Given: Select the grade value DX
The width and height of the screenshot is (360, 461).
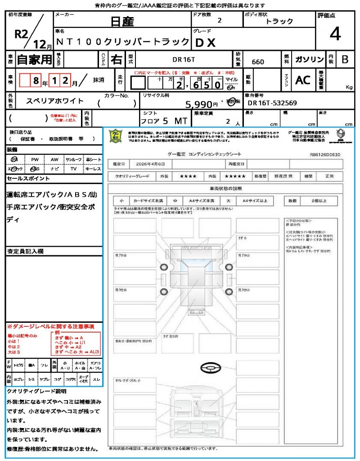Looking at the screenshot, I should [205, 42].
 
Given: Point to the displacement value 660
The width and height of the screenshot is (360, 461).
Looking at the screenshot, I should [258, 62].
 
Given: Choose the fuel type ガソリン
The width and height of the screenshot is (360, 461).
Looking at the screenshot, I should [309, 59].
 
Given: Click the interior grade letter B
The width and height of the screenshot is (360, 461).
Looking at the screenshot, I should [345, 59].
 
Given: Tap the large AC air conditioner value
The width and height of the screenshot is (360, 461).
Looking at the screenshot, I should [303, 80].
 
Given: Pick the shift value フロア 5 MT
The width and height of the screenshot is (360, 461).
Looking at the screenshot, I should [163, 121].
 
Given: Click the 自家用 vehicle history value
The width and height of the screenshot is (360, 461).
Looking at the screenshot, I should [35, 59].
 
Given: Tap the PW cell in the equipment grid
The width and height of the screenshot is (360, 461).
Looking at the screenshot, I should [35, 159].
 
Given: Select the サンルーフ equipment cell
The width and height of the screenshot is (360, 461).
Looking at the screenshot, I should [74, 159].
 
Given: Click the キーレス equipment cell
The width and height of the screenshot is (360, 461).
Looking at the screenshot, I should [93, 168].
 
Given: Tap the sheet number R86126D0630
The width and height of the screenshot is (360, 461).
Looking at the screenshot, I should [325, 154].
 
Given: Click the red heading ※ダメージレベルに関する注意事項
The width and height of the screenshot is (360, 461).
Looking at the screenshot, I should [50, 326].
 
